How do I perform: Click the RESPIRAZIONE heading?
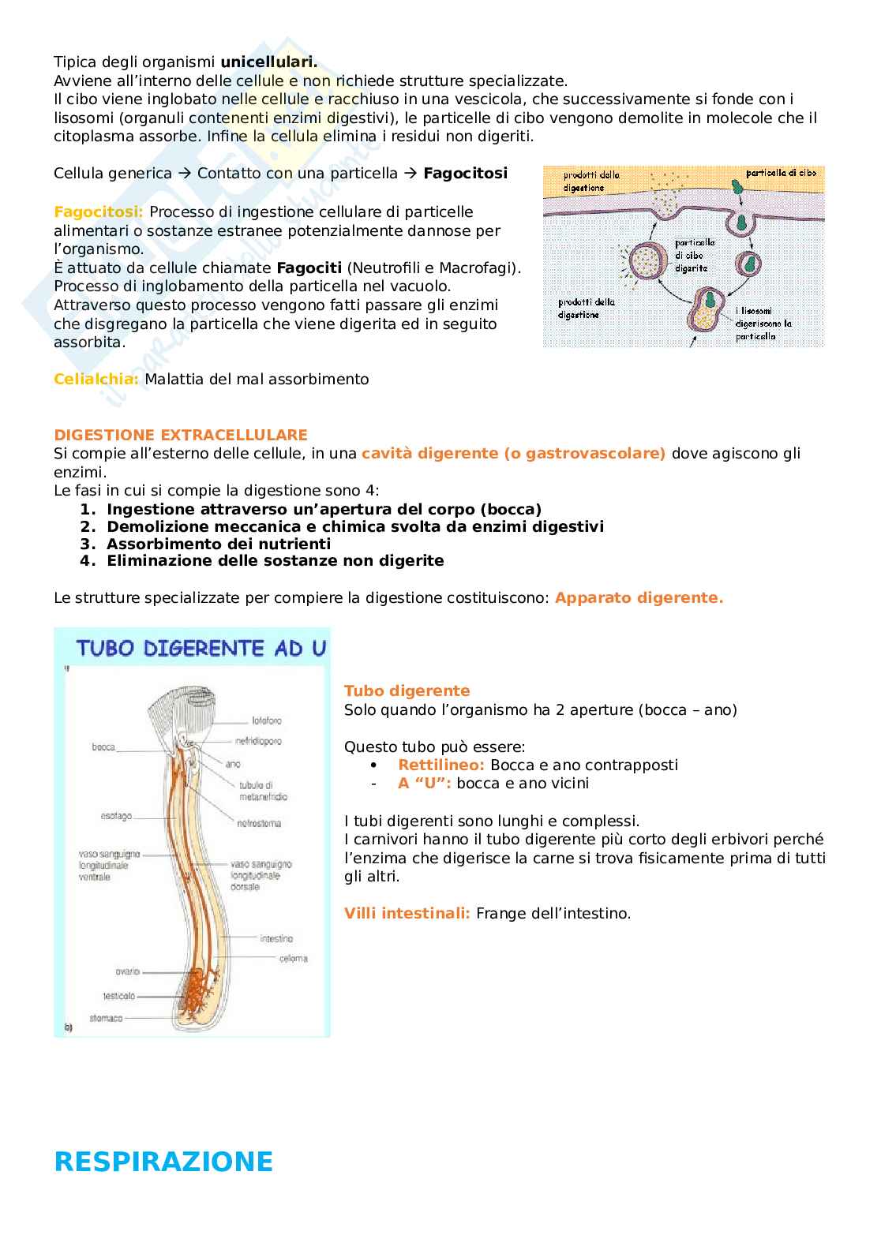pyautogui.click(x=163, y=1162)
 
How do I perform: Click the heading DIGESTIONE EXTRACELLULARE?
pyautogui.click(x=181, y=435)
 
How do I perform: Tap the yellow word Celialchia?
pyautogui.click(x=96, y=379)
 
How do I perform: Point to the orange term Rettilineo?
pyautogui.click(x=441, y=765)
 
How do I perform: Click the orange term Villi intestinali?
pyautogui.click(x=407, y=913)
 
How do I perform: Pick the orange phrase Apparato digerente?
pyautogui.click(x=639, y=597)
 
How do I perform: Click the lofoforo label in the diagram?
pyautogui.click(x=267, y=720)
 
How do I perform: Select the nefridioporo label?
pyautogui.click(x=258, y=741)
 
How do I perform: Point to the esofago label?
pyautogui.click(x=116, y=816)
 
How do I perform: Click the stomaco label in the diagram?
pyautogui.click(x=107, y=1018)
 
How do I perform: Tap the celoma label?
pyautogui.click(x=293, y=959)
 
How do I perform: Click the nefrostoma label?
pyautogui.click(x=259, y=823)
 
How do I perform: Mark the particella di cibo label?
pyautogui.click(x=781, y=172)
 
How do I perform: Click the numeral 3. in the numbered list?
pyautogui.click(x=87, y=544)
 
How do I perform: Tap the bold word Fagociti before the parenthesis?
pyautogui.click(x=309, y=268)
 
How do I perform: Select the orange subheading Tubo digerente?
pyautogui.click(x=407, y=690)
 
